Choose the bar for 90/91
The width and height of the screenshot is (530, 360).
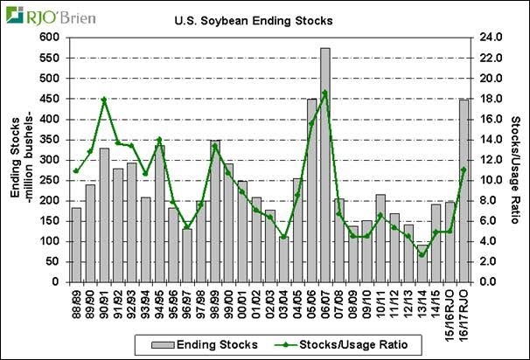(x=104, y=215)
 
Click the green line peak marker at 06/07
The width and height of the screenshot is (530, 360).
(x=324, y=93)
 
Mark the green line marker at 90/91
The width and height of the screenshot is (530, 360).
(x=104, y=100)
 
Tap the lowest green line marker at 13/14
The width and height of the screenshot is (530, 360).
(x=422, y=254)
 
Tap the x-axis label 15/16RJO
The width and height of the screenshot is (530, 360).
(x=450, y=310)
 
